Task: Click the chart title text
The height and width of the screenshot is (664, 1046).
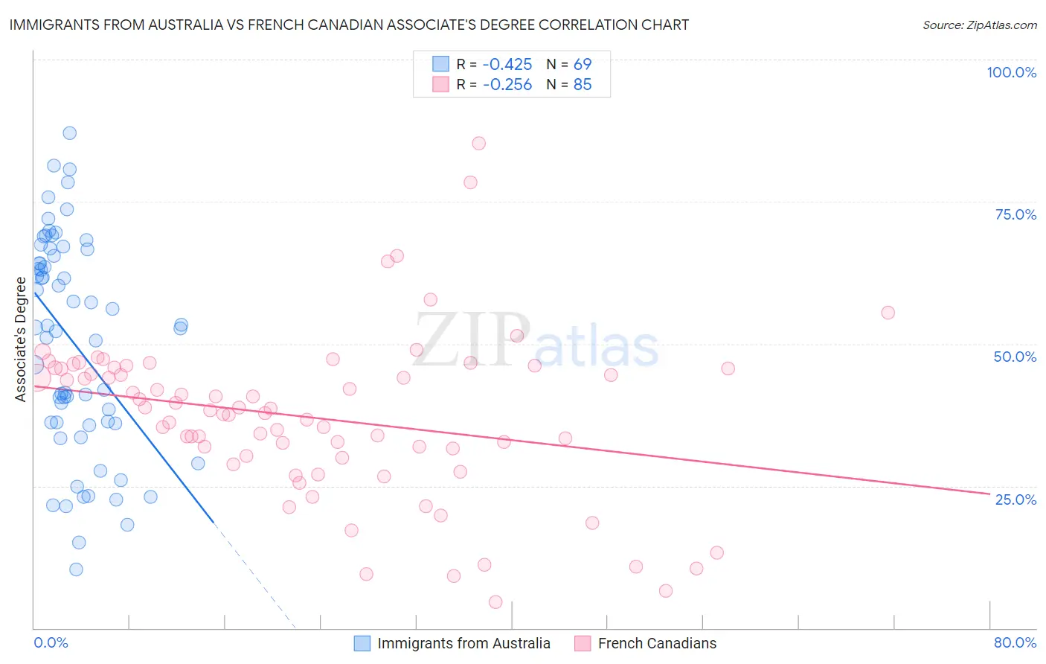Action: click(349, 25)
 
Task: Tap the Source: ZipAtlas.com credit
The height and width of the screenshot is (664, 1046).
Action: click(979, 25)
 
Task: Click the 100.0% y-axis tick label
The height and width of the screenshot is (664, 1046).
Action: click(1011, 72)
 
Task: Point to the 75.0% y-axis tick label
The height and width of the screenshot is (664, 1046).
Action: click(1015, 214)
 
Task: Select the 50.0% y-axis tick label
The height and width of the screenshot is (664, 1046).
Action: click(1015, 357)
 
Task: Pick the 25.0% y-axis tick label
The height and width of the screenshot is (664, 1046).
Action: click(1015, 499)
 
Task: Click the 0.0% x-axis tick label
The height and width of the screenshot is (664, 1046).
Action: click(51, 642)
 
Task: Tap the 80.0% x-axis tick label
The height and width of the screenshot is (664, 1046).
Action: click(1015, 642)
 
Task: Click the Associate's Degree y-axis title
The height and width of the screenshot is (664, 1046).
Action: click(21, 339)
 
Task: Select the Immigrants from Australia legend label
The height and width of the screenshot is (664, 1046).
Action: click(463, 643)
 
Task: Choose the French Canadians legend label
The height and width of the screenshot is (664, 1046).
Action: click(657, 643)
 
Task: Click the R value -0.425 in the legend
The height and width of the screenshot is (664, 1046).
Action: click(507, 64)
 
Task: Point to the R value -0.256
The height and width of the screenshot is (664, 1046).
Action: click(507, 85)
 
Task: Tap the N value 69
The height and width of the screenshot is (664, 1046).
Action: click(583, 64)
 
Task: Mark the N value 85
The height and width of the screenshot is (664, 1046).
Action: click(583, 85)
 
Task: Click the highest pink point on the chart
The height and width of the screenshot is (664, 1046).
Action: click(479, 143)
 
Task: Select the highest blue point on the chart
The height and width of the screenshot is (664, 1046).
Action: click(70, 133)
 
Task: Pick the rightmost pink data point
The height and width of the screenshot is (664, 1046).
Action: click(888, 313)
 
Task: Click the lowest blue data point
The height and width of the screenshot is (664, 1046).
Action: click(76, 569)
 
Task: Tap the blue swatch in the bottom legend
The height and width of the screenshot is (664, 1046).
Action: click(362, 643)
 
